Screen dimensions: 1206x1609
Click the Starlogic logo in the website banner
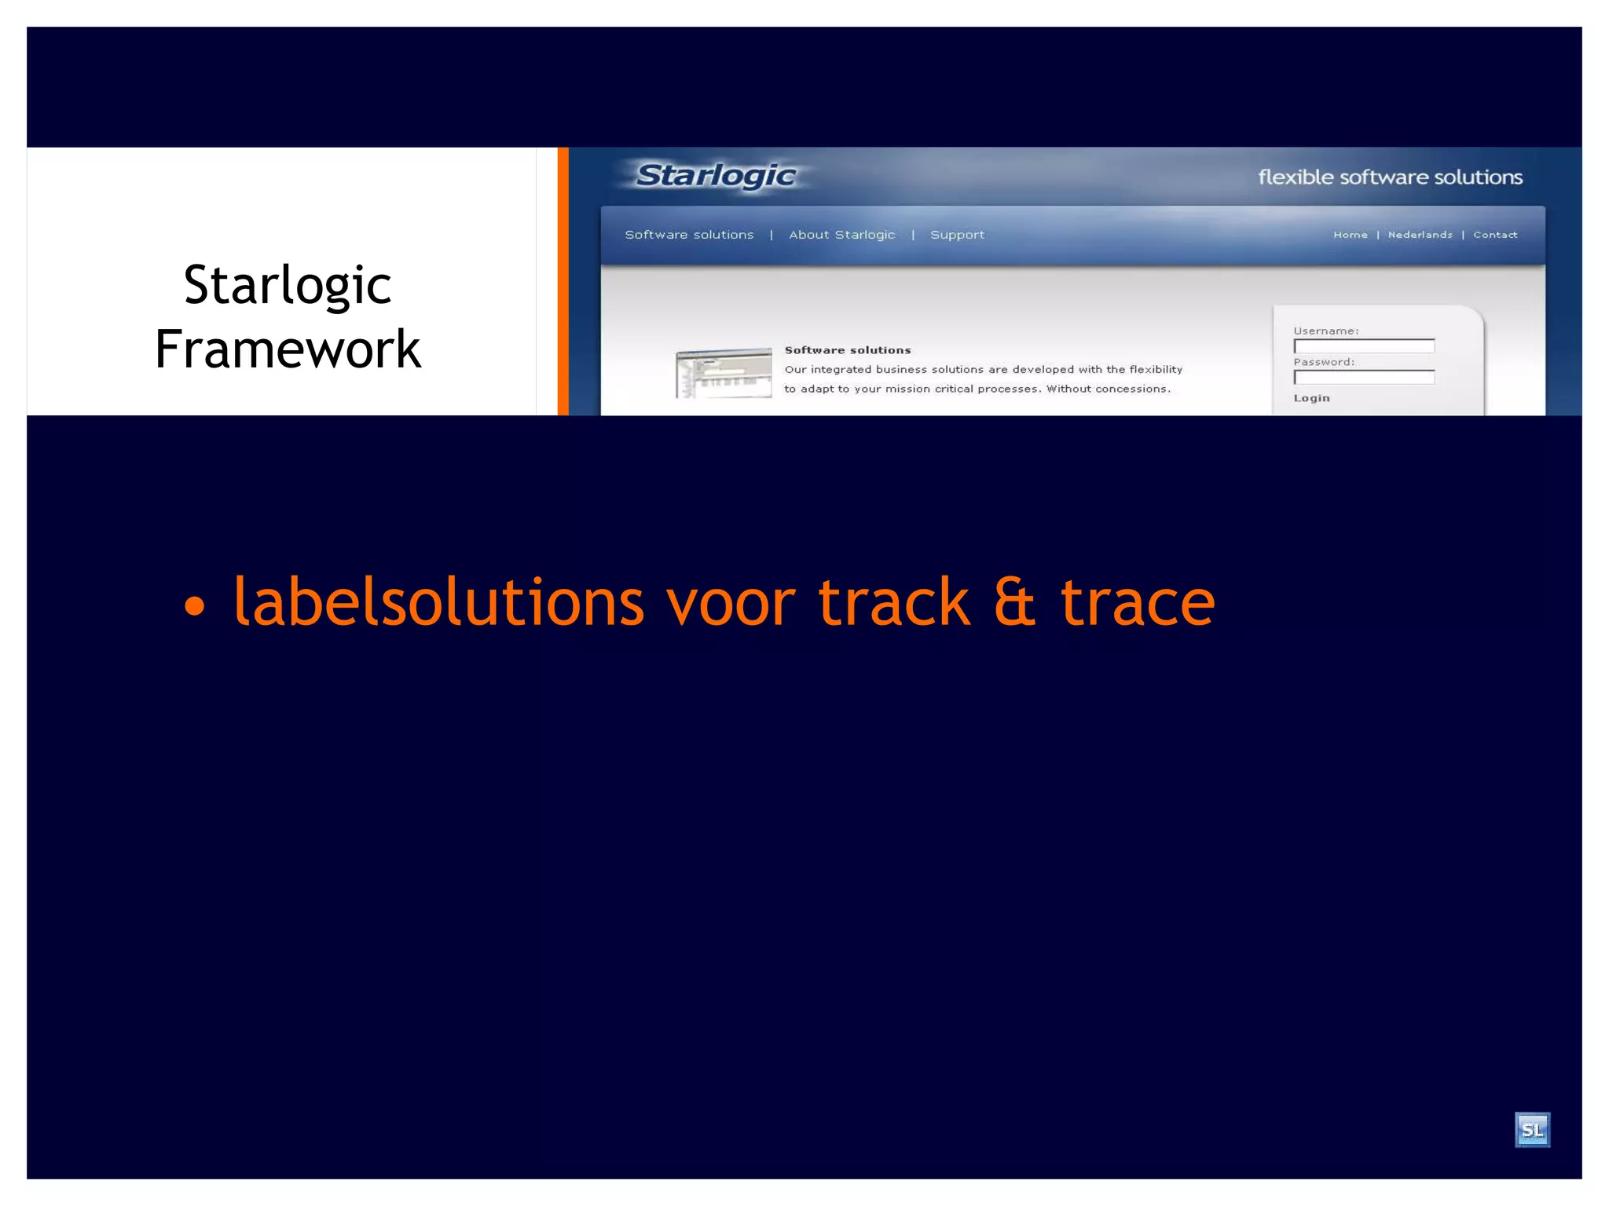click(x=716, y=176)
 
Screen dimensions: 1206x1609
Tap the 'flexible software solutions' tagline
click(x=1390, y=177)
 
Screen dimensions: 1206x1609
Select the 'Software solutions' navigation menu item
click(x=689, y=235)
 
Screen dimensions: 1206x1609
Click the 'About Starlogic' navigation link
click(x=841, y=235)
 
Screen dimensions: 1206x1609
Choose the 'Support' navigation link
click(x=957, y=235)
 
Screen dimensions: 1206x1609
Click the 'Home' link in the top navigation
click(x=1350, y=235)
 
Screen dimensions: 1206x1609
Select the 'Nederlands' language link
click(x=1420, y=235)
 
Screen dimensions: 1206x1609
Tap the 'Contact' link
click(x=1495, y=235)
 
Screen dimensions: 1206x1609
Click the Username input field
click(x=1364, y=346)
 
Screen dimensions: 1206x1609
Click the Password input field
click(x=1364, y=378)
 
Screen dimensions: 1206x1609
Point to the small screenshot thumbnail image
click(x=724, y=373)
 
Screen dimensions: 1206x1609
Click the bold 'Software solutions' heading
click(x=848, y=350)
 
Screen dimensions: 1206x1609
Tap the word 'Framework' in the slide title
click(x=288, y=349)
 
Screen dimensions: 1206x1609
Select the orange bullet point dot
click(x=194, y=606)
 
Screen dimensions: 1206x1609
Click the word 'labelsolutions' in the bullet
click(x=438, y=602)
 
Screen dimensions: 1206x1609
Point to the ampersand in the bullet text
click(x=1014, y=602)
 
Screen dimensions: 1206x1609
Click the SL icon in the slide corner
click(x=1532, y=1130)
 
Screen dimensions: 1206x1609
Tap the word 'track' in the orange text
click(x=894, y=602)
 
